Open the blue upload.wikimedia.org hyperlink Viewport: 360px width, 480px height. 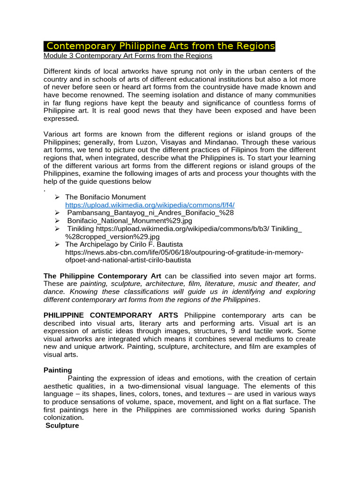tap(150, 205)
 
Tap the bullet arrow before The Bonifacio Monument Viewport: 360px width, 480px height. tap(58, 197)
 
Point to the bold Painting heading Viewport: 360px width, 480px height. tap(58, 370)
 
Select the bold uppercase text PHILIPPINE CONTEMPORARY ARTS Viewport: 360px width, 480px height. tap(111, 315)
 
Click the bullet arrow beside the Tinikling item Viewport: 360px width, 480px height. tap(58, 229)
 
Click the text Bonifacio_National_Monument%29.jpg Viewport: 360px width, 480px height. tap(129, 220)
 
